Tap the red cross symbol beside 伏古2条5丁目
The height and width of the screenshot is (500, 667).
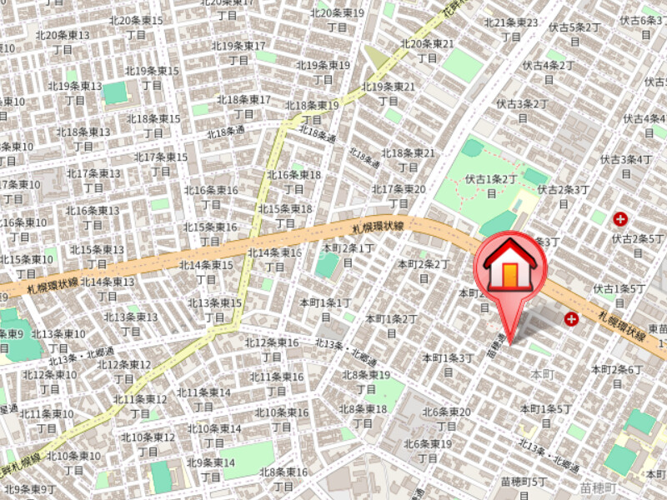(x=620, y=219)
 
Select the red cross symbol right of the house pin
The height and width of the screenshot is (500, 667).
(x=571, y=318)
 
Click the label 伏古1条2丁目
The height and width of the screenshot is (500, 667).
(x=491, y=185)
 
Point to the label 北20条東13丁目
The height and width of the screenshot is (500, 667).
(x=63, y=42)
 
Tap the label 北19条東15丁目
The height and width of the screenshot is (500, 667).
(x=153, y=77)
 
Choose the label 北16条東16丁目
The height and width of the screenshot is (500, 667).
(x=210, y=197)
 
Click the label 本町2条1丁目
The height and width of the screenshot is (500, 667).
(x=348, y=255)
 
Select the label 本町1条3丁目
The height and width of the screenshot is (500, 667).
(x=448, y=364)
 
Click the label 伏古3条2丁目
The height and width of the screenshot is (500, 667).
(x=522, y=111)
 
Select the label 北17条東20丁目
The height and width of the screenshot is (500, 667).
(x=399, y=196)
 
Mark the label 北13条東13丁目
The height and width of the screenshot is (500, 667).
(x=131, y=323)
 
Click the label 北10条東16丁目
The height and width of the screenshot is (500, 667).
(x=282, y=419)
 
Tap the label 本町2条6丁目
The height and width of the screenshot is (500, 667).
(x=617, y=376)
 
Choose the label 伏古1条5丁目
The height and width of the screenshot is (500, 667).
(x=620, y=295)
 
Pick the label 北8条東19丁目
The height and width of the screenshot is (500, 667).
(x=366, y=382)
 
